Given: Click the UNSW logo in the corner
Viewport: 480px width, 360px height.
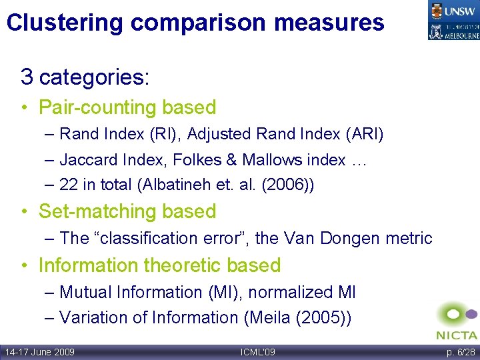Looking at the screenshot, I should tap(453, 10).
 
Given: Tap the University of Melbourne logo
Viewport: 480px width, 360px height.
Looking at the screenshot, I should tap(453, 30).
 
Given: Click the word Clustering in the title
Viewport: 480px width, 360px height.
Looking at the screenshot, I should tap(65, 23).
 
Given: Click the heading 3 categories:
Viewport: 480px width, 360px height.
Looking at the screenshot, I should tap(85, 77).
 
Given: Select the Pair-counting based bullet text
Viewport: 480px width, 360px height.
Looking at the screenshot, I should tap(127, 107).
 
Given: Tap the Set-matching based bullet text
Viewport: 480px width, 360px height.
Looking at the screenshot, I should tap(127, 211).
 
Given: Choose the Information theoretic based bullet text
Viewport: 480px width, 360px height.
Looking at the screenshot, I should tap(159, 265).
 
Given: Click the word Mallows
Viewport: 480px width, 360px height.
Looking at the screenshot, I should tap(271, 160).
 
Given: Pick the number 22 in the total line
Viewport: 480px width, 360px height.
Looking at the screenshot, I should tap(68, 185).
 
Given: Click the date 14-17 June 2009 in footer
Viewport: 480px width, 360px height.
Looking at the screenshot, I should tap(40, 352).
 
